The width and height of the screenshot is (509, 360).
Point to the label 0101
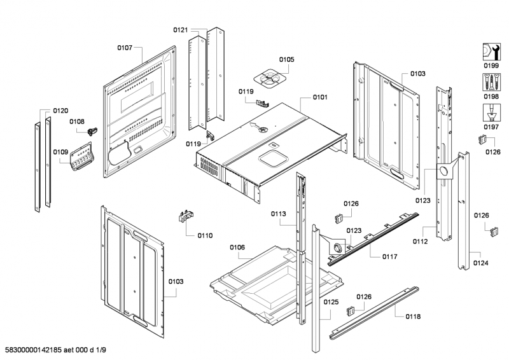pos(320,97)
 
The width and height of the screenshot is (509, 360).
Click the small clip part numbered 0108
pos(93,130)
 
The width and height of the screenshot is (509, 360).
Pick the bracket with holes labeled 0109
pos(80,156)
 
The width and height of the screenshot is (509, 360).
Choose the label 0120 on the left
pos(60,111)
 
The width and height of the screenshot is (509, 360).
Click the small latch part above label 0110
pos(185,217)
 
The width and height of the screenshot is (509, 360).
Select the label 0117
pos(390,256)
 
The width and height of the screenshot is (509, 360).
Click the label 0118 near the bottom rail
pos(412,316)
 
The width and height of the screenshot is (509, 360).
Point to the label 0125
pos(330,302)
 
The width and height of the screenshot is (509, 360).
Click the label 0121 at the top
pos(181,30)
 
